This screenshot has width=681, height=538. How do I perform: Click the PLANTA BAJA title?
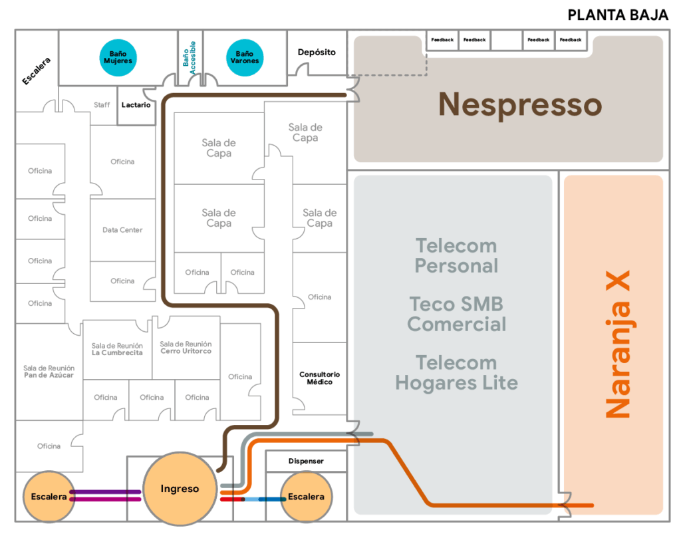618,15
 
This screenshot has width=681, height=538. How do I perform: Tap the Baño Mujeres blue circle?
118,57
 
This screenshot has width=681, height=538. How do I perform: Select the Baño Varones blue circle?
244,57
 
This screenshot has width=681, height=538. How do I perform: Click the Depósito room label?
317,52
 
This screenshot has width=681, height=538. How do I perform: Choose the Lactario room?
136,105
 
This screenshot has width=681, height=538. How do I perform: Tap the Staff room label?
102,105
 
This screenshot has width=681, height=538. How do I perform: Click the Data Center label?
122,230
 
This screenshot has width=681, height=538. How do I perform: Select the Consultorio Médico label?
319,378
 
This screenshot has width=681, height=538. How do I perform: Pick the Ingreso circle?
180,489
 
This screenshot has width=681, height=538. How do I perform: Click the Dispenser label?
306,461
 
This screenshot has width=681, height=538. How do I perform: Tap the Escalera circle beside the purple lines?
49,497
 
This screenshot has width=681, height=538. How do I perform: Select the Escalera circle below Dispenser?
306,497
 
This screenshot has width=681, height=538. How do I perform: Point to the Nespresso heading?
519,104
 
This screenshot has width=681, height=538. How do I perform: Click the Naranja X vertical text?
617,344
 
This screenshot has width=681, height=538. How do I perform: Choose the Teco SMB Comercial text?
456,314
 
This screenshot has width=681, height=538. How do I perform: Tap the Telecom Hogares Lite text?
456,372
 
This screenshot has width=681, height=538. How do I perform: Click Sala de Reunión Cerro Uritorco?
186,347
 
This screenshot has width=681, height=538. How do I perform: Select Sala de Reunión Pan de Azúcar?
49,371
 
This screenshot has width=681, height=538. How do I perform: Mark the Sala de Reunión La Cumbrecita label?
117,349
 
